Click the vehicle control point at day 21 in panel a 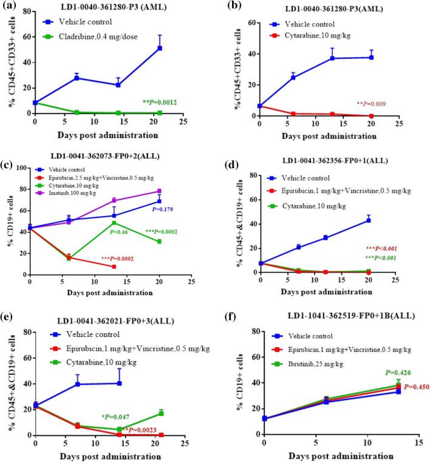(159, 48)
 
